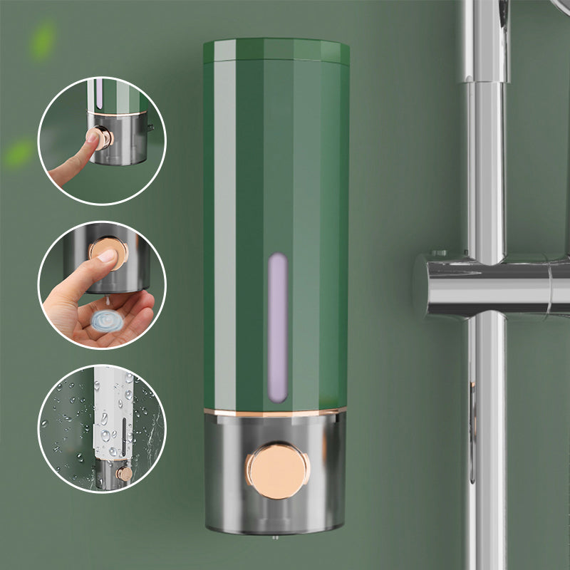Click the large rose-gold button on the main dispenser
pyautogui.click(x=279, y=470)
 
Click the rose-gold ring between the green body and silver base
pyautogui.click(x=275, y=412)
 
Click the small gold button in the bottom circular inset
pyautogui.click(x=124, y=473)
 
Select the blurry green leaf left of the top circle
pyautogui.click(x=19, y=153)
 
